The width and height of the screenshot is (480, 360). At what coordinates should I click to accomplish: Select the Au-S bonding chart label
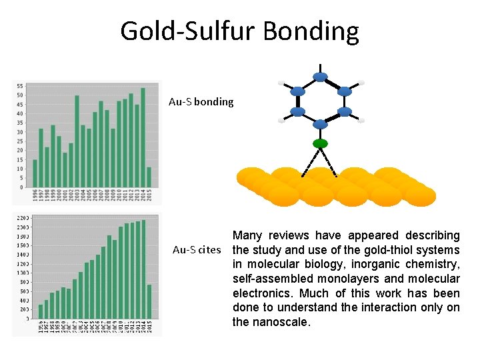(x=201, y=102)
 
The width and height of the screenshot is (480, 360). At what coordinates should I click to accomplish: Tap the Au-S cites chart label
(x=196, y=250)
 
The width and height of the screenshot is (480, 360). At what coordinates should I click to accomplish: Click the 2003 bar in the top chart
(x=77, y=141)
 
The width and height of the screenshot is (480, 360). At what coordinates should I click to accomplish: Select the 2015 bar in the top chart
(x=149, y=177)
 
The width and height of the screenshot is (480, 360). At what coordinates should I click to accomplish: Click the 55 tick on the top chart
(x=20, y=86)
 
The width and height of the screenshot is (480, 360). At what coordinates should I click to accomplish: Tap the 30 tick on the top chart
(x=20, y=132)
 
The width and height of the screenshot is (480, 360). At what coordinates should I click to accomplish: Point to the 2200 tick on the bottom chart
(x=23, y=219)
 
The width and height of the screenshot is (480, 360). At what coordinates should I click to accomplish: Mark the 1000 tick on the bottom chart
(x=23, y=273)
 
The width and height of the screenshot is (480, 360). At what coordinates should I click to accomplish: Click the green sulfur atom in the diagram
(x=321, y=143)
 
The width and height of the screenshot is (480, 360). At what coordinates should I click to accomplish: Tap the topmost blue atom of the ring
(x=321, y=77)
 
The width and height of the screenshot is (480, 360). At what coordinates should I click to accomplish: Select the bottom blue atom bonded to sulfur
(x=321, y=123)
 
